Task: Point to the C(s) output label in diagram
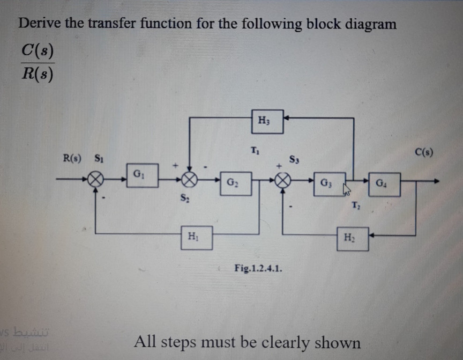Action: pyautogui.click(x=424, y=151)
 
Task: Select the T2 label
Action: pyautogui.click(x=356, y=205)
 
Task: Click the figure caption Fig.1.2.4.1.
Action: pyautogui.click(x=258, y=268)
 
